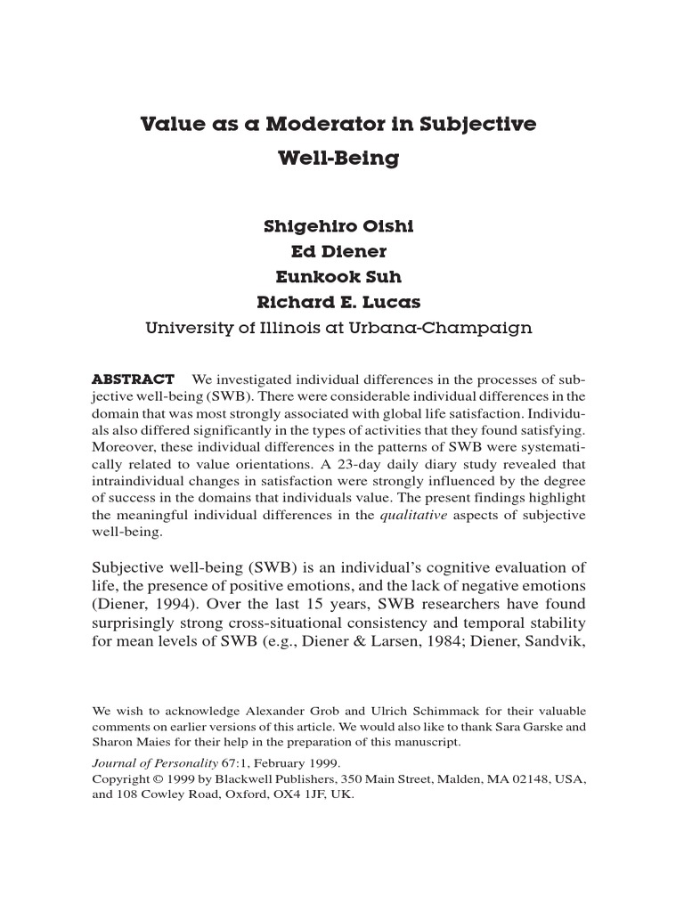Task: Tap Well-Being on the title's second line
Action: [x=338, y=159]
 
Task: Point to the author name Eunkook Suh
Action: [x=338, y=277]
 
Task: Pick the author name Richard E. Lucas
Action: [x=338, y=302]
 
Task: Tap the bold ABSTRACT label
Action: [x=134, y=379]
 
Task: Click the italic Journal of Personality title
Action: [x=155, y=763]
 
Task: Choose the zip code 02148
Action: [x=507, y=779]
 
